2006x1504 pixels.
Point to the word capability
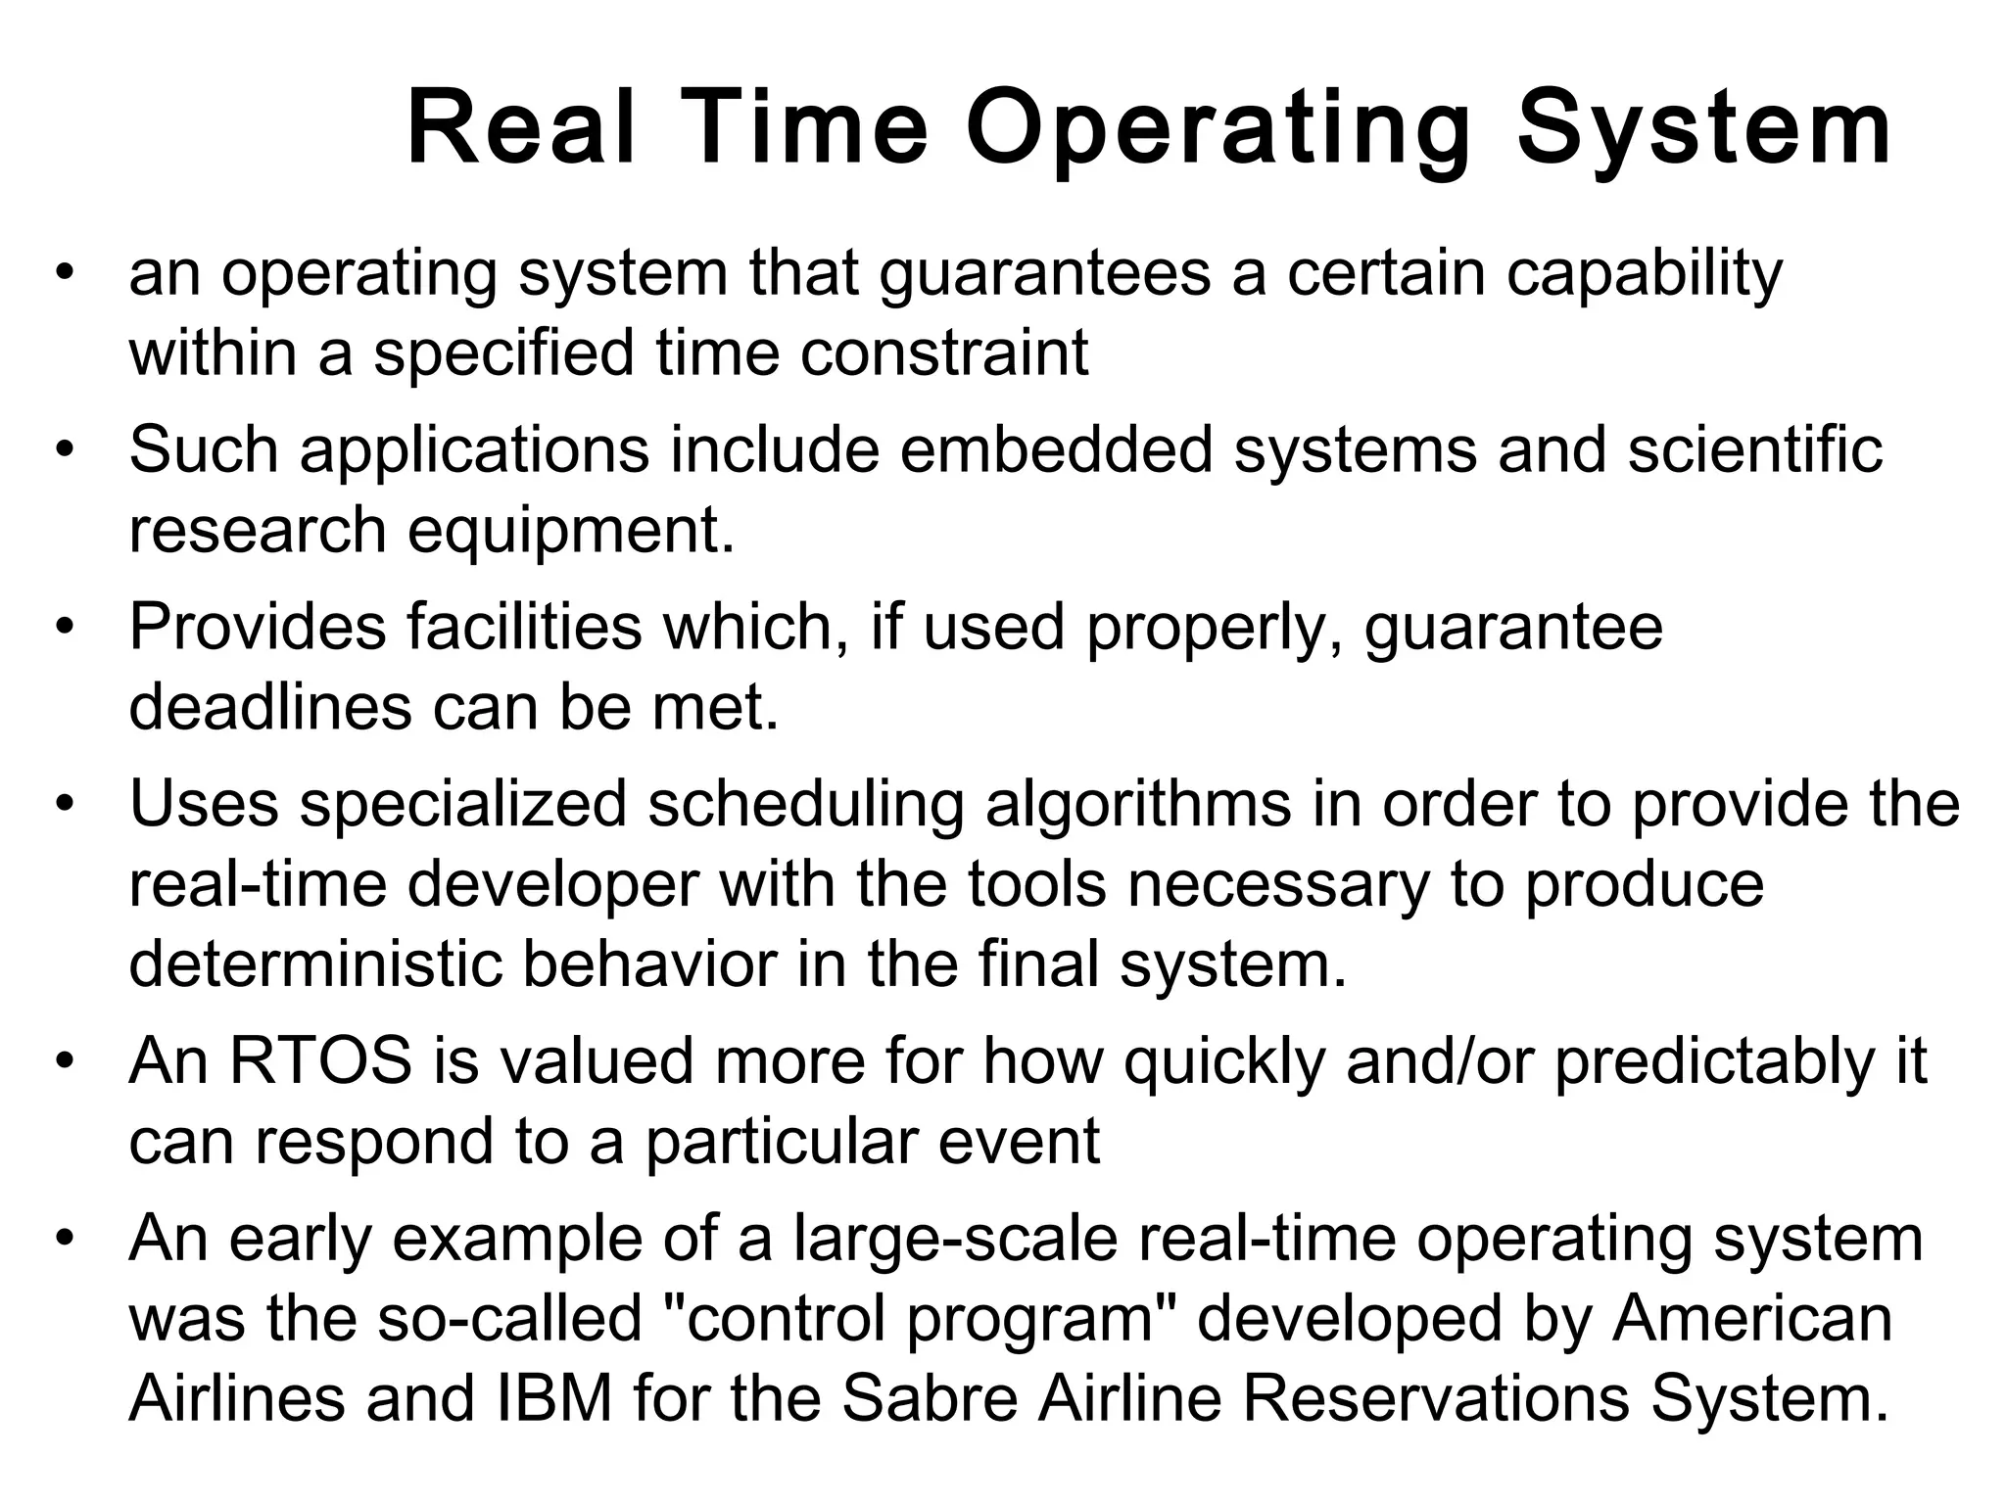1645,274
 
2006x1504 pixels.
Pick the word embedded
1056,449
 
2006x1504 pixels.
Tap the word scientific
1755,449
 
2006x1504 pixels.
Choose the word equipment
570,531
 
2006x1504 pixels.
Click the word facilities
524,627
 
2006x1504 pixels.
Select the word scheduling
805,805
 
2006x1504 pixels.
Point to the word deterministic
314,964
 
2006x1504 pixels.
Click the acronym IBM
555,1398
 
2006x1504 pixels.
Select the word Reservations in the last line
1437,1398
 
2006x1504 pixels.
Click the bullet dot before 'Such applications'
65,451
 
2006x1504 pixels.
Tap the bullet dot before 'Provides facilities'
65,628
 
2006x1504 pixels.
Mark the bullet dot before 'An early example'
65,1240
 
